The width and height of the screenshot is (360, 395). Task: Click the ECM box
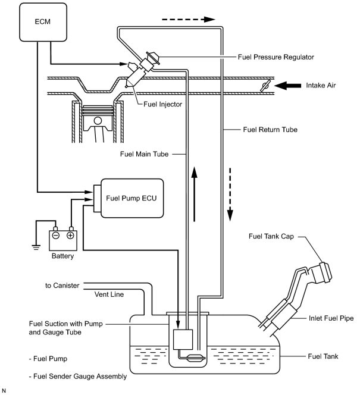pyautogui.click(x=43, y=22)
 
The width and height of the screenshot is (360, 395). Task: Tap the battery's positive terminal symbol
pyautogui.click(x=70, y=236)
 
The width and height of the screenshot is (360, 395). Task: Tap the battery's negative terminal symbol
pyautogui.click(x=56, y=236)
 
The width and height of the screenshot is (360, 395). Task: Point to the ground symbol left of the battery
pyautogui.click(x=36, y=247)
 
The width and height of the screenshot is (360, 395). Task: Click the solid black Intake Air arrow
pyautogui.click(x=287, y=86)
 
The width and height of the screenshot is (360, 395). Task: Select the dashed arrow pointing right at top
pyautogui.click(x=189, y=20)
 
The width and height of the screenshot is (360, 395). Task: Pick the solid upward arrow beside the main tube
pyautogui.click(x=194, y=194)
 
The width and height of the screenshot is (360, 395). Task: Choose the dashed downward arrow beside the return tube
pyautogui.click(x=230, y=195)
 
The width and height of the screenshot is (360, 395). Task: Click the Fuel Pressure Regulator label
pyautogui.click(x=276, y=57)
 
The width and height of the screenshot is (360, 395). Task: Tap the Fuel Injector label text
pyautogui.click(x=162, y=104)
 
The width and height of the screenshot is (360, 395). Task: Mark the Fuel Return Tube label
pyautogui.click(x=270, y=130)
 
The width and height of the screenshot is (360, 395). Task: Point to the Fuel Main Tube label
pyautogui.click(x=145, y=154)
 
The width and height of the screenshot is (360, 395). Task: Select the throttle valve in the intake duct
pyautogui.click(x=265, y=86)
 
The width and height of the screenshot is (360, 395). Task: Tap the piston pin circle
pyautogui.click(x=98, y=121)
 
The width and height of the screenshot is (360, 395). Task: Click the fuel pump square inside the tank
pyautogui.click(x=183, y=340)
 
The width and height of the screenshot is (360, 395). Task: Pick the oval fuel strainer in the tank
pyautogui.click(x=196, y=358)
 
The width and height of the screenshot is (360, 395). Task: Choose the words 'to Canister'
pyautogui.click(x=62, y=286)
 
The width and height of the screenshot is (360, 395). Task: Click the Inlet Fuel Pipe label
pyautogui.click(x=331, y=318)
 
